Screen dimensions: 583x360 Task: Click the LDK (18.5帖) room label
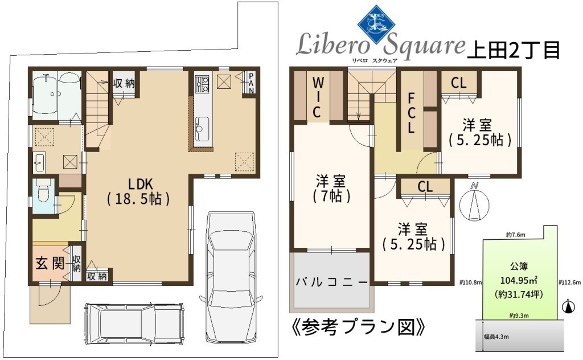[x=139, y=191]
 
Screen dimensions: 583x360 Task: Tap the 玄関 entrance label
[x=50, y=264]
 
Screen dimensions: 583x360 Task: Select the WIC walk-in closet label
[x=317, y=97]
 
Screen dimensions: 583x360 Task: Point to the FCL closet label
[x=411, y=113]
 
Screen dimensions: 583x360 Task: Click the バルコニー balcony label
[x=332, y=282]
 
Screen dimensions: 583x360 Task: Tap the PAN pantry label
[x=251, y=83]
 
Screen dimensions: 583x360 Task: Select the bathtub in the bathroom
[x=45, y=95]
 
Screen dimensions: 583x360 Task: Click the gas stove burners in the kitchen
[x=202, y=84]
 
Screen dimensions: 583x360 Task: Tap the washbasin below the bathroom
[x=39, y=162]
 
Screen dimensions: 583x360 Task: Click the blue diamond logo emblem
[x=377, y=24]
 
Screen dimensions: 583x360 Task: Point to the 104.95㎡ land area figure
[x=519, y=280]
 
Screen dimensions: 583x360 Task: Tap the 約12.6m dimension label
[x=569, y=283]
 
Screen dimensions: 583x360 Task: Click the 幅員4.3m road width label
[x=496, y=337]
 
